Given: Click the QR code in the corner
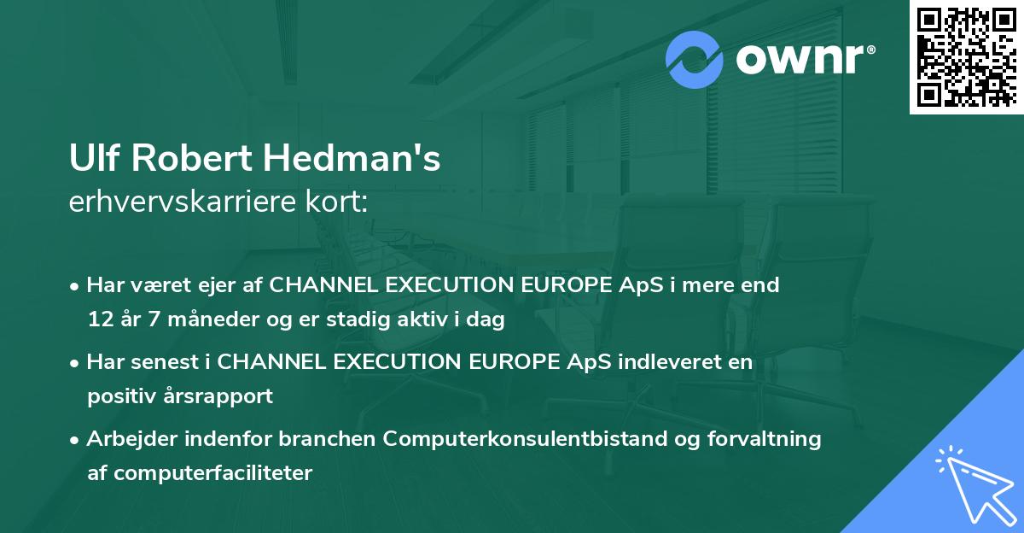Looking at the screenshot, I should (x=966, y=56).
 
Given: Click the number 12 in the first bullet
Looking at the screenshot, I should (x=98, y=320).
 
